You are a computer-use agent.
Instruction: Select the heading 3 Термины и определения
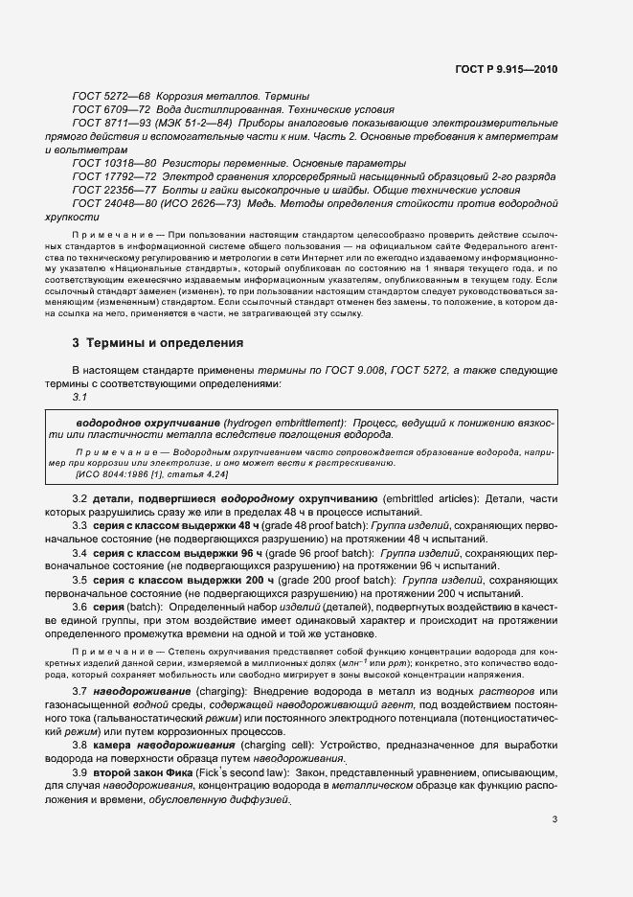point(158,342)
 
